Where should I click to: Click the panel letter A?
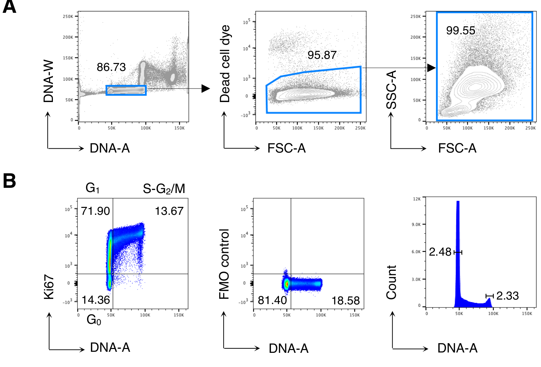click(x=9, y=7)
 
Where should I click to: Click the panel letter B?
click(x=9, y=181)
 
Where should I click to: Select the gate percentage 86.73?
click(x=111, y=67)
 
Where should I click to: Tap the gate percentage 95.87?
click(x=322, y=55)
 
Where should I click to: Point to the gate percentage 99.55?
click(x=460, y=30)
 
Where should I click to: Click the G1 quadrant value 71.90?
click(x=95, y=211)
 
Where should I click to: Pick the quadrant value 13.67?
click(x=169, y=211)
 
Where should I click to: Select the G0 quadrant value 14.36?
click(x=96, y=300)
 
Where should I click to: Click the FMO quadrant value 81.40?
click(x=272, y=300)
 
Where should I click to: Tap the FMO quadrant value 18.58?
click(x=346, y=301)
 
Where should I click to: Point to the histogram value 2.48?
click(x=440, y=252)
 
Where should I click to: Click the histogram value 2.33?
click(x=507, y=296)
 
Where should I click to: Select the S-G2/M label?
click(x=164, y=189)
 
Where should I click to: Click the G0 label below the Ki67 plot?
click(x=94, y=320)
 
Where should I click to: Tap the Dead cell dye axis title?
click(x=225, y=64)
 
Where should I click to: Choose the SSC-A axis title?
click(x=392, y=90)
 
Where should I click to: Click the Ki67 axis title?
click(x=49, y=287)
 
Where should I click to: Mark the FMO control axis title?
click(x=224, y=264)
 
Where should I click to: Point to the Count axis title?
click(x=392, y=282)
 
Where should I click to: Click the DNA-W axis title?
click(x=49, y=81)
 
